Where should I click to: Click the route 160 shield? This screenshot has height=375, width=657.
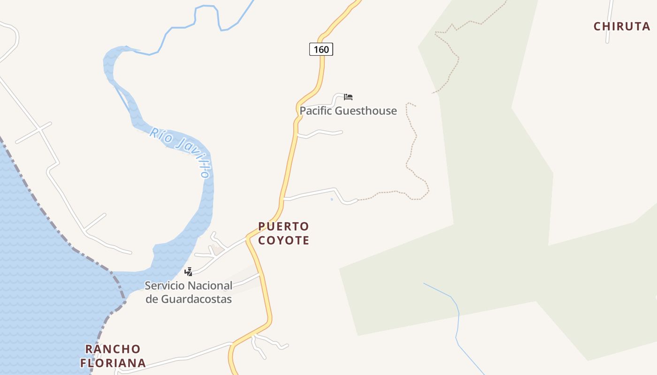(x=321, y=49)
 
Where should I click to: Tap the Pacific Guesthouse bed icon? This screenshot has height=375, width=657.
(x=348, y=97)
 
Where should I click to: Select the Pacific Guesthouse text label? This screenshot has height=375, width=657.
(x=348, y=111)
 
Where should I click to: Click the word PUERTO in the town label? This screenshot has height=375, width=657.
(x=283, y=227)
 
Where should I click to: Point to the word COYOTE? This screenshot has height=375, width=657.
(x=283, y=240)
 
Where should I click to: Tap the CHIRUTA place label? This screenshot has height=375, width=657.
(x=622, y=26)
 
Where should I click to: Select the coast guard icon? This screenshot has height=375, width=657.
(x=188, y=271)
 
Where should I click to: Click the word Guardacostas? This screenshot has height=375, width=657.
(x=196, y=299)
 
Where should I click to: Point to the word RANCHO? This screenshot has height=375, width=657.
(x=113, y=349)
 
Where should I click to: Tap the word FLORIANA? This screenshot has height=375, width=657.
(x=113, y=363)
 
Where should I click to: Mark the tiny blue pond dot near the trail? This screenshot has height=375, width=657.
(x=332, y=200)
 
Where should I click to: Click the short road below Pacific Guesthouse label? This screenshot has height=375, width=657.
(x=324, y=133)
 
